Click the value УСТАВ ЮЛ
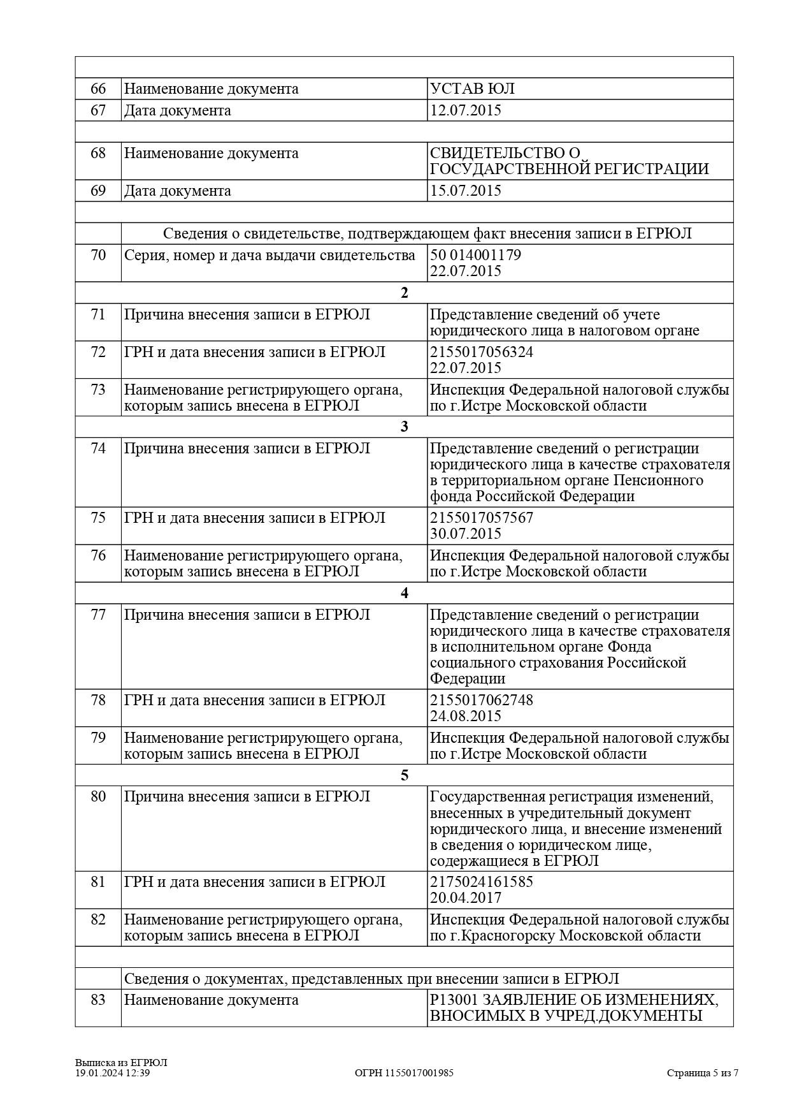tap(472, 89)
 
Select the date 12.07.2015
tap(466, 110)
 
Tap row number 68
tap(98, 153)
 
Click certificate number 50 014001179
tap(475, 255)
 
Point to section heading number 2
tap(404, 293)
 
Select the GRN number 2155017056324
tap(482, 352)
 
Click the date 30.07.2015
tap(466, 534)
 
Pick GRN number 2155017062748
tap(482, 700)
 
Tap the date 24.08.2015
tap(466, 716)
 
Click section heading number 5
tap(404, 775)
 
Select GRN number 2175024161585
tap(482, 882)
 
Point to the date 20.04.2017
tap(466, 898)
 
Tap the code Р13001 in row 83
tap(452, 1000)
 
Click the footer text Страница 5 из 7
tap(703, 1073)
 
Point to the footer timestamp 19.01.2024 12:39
tap(113, 1073)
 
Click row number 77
tap(98, 615)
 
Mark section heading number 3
tap(404, 427)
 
